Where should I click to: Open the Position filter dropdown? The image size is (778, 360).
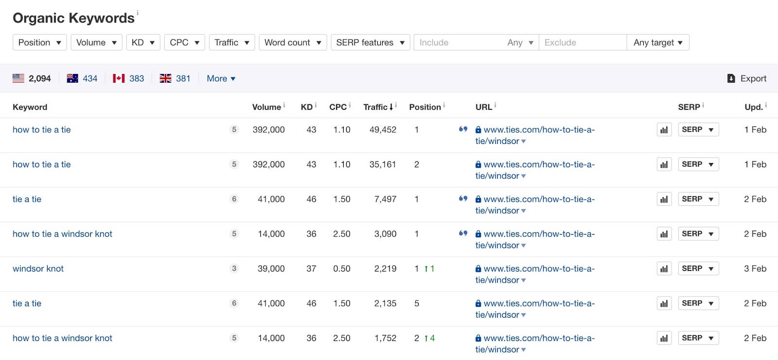(39, 42)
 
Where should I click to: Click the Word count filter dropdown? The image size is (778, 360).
(293, 42)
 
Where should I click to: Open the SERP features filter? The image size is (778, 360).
(370, 42)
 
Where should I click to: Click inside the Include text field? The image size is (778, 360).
(459, 42)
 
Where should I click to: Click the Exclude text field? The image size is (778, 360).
(583, 42)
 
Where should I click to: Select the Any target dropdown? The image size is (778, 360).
(658, 42)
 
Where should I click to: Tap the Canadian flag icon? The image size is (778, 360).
(119, 78)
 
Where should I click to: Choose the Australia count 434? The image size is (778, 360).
(90, 78)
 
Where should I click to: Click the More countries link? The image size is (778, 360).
(221, 78)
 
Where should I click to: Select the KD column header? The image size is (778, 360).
(307, 107)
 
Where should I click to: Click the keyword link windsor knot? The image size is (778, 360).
(38, 269)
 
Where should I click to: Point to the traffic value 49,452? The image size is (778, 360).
(383, 129)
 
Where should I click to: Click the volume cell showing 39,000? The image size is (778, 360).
(271, 269)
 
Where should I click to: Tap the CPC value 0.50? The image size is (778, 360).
(342, 269)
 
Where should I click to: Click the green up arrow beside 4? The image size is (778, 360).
(426, 338)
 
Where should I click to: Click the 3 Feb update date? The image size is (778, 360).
(755, 269)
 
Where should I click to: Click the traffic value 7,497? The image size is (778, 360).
(385, 199)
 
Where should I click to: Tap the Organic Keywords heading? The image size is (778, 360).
(73, 18)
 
